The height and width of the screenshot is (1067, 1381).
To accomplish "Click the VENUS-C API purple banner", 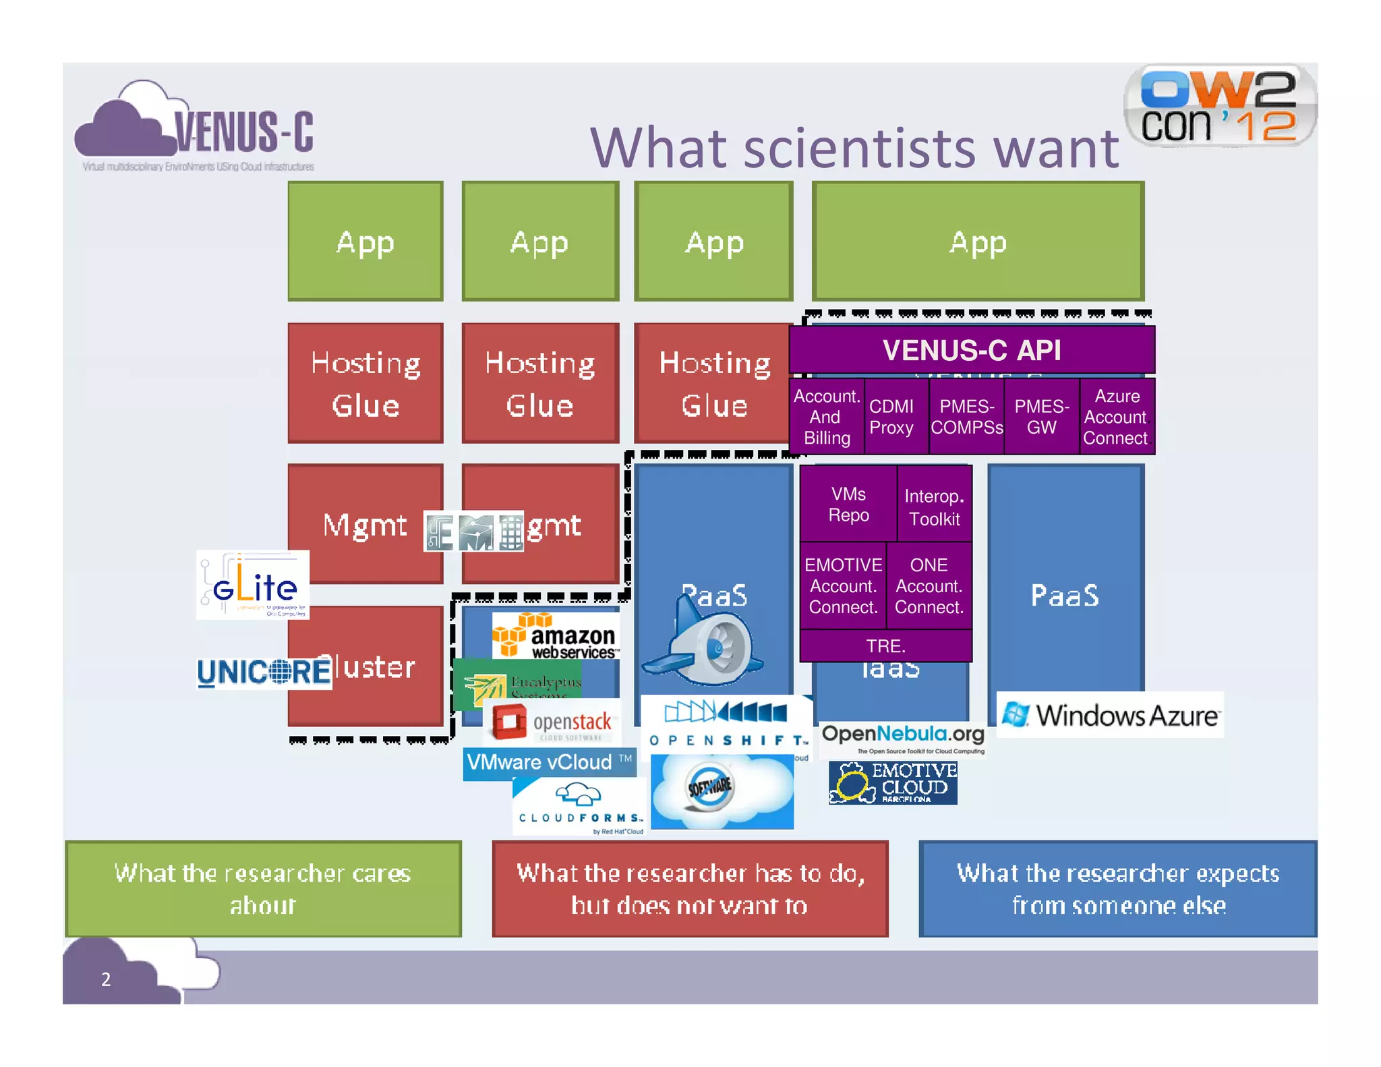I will pos(971,350).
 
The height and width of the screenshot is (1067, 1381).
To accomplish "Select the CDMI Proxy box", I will pos(891,417).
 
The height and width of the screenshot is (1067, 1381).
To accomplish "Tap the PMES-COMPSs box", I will pos(966,417).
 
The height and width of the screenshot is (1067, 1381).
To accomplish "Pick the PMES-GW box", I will pos(1041,417).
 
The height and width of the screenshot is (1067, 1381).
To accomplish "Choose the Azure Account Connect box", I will pos(1116,417).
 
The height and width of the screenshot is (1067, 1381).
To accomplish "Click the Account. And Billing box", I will pos(826,417).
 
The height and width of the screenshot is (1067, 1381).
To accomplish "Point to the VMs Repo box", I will pos(848,504).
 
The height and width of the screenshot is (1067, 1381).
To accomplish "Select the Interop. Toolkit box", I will pos(934,507).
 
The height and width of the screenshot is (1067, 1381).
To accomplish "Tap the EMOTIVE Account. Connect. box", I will pos(843,586).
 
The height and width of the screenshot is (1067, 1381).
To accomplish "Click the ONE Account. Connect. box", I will pos(929,586).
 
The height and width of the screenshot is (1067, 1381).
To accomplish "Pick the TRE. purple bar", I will pos(885,646).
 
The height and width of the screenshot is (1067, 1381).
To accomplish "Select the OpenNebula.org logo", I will pos(903,738).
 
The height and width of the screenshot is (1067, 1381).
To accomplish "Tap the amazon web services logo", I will pos(556,636).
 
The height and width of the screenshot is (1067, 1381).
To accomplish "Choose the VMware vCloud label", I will pos(549,763).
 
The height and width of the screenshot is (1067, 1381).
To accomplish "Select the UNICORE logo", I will pos(264,672).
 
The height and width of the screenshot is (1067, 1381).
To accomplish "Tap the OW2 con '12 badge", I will pos(1220,107).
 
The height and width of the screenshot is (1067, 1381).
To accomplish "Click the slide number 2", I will pos(106,979).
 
